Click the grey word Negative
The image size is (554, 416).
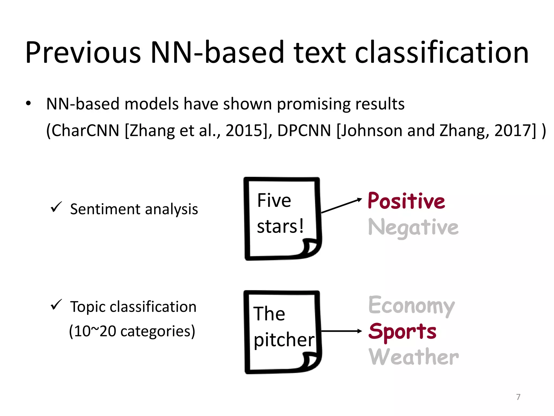(x=413, y=227)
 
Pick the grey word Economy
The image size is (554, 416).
(x=411, y=305)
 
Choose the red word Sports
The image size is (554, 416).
(x=403, y=331)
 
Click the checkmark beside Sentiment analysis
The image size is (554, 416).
(x=56, y=207)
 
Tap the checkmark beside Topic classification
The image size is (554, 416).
(x=56, y=305)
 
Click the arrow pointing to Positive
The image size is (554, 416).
(x=341, y=206)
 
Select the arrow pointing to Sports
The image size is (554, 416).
(x=341, y=331)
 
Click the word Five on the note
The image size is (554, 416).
(x=274, y=200)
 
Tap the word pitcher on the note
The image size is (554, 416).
(x=284, y=340)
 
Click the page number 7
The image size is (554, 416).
(x=518, y=397)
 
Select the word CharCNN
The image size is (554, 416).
(x=85, y=131)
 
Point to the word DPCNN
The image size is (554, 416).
(x=304, y=131)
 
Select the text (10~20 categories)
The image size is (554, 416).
(x=132, y=331)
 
